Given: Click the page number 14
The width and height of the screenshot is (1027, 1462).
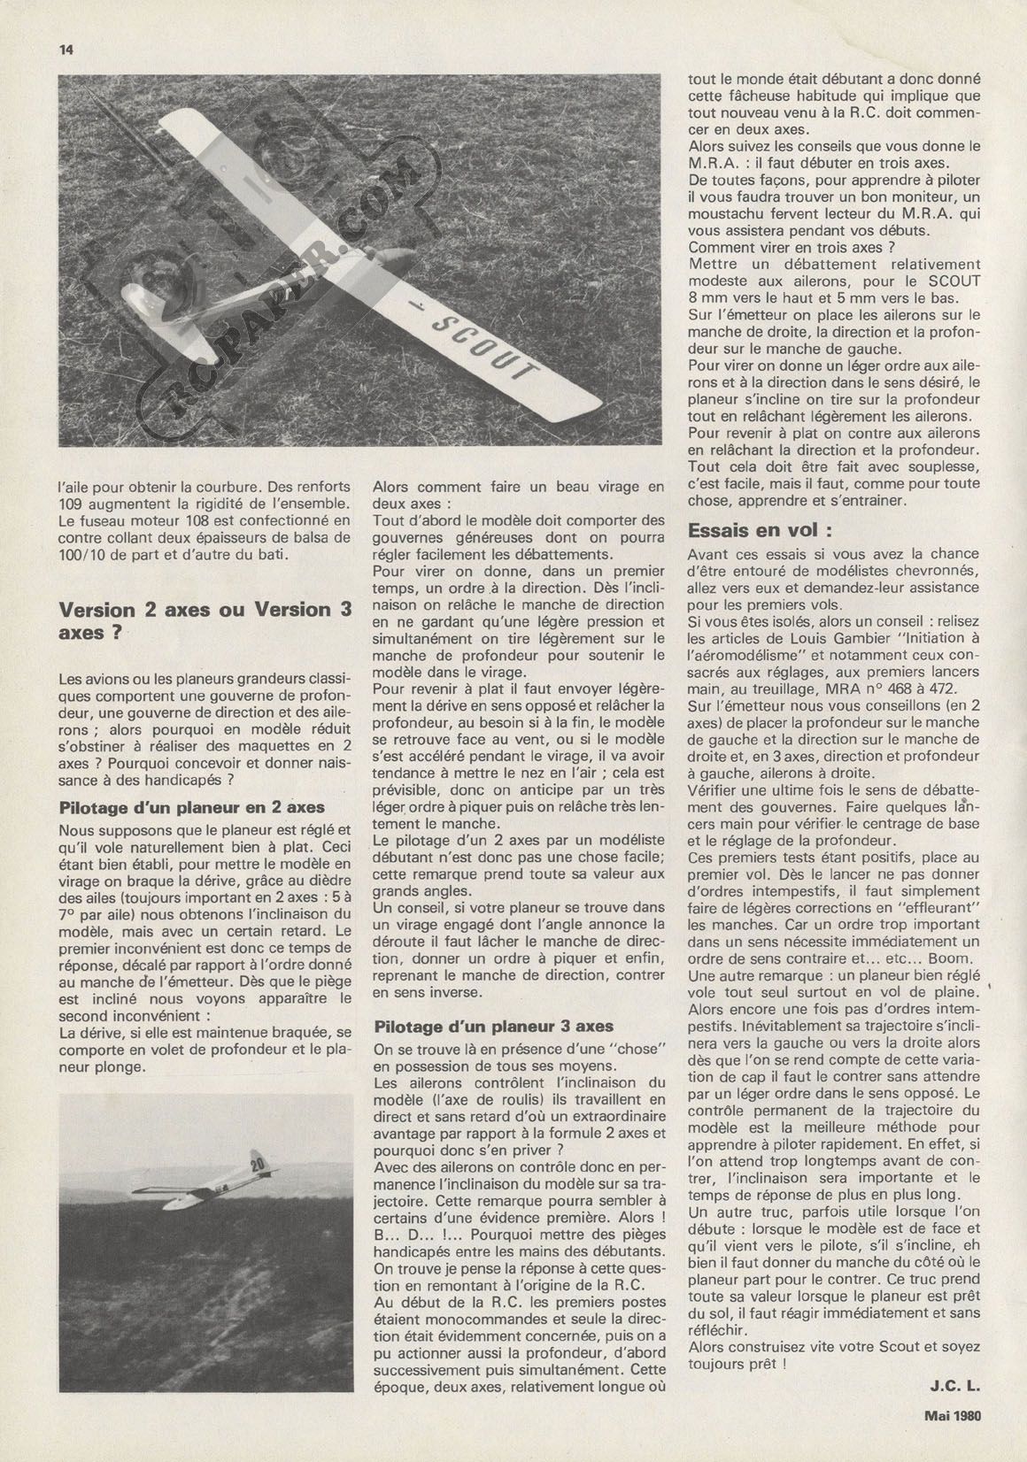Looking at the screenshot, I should [65, 50].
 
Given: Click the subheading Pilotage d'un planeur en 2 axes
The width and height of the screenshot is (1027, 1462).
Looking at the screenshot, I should [191, 807].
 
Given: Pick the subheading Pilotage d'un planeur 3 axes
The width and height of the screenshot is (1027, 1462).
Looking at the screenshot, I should [493, 1027].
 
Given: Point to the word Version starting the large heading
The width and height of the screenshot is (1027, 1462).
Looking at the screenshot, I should [96, 610].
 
